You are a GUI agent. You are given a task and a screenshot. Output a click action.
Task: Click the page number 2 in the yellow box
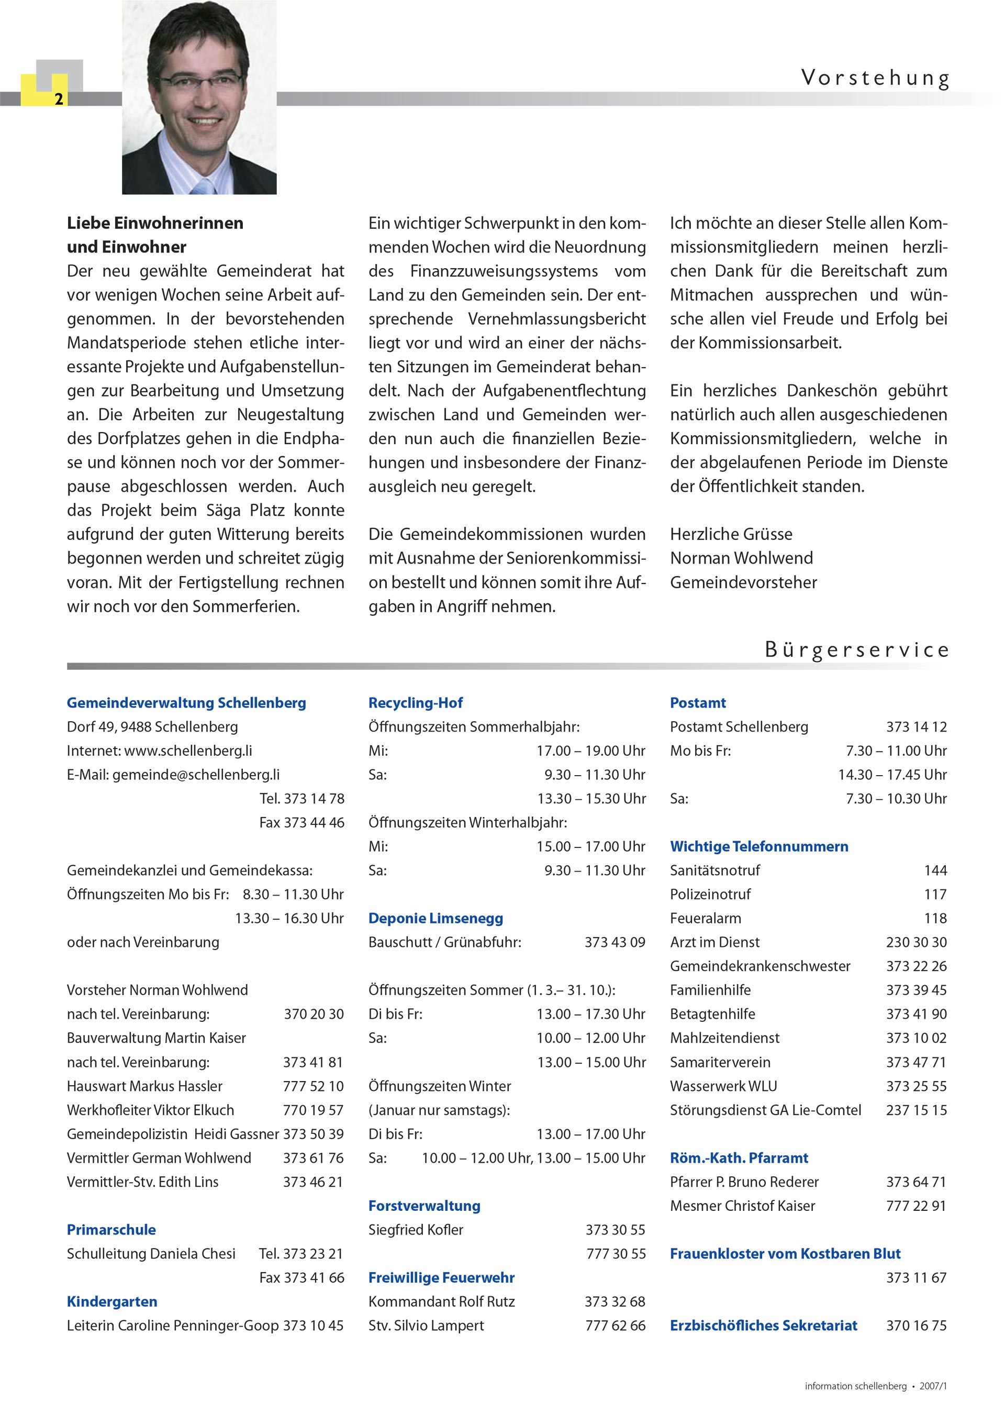(x=58, y=99)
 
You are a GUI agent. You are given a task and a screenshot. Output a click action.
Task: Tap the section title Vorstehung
(x=874, y=78)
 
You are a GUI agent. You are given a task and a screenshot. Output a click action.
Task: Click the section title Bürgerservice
(x=856, y=649)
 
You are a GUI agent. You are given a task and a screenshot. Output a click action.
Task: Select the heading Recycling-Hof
(x=415, y=703)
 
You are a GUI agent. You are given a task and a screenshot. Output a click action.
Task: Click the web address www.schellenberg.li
(x=188, y=751)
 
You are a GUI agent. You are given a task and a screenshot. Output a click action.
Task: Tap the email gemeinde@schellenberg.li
(x=196, y=775)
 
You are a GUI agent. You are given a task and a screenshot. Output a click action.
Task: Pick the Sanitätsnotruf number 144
(x=935, y=870)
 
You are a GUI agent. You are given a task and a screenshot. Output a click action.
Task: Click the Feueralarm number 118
(x=935, y=918)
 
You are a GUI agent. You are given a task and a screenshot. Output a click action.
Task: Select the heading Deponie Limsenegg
(x=435, y=918)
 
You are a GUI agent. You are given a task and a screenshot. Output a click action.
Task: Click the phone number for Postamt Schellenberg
(x=916, y=726)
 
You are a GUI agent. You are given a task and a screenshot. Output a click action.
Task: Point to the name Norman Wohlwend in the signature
(x=741, y=558)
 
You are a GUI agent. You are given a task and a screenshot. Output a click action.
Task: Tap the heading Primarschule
(x=111, y=1230)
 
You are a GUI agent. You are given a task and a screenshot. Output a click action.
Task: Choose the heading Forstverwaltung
(x=425, y=1206)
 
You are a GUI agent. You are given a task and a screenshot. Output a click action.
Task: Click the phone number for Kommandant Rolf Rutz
(x=615, y=1301)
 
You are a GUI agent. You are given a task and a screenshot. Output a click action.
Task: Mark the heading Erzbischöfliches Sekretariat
(x=763, y=1325)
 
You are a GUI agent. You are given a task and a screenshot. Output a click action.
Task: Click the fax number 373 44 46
(x=314, y=822)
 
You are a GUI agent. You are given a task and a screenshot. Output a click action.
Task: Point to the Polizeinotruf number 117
(x=935, y=895)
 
